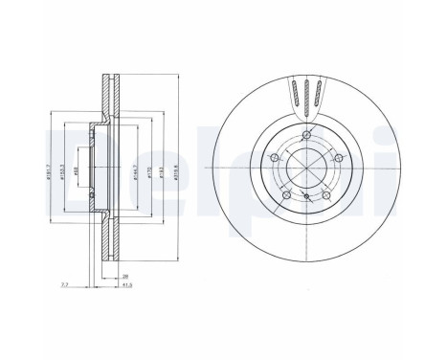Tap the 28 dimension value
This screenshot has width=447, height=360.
click(x=125, y=275)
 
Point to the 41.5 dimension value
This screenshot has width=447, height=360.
click(x=125, y=284)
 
